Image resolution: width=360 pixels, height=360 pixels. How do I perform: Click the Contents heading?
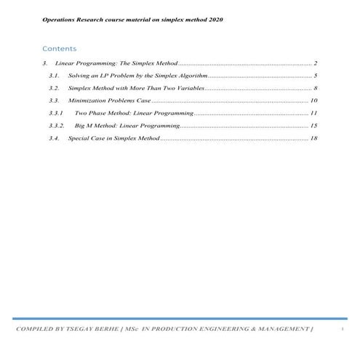[59, 49]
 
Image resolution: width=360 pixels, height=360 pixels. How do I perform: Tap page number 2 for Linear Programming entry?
[315, 64]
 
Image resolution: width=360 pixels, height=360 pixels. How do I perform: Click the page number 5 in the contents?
[315, 75]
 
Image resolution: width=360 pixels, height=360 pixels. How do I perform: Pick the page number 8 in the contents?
[315, 87]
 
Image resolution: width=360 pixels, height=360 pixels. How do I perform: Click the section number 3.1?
[54, 75]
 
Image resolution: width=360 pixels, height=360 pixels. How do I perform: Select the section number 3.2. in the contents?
[54, 87]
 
